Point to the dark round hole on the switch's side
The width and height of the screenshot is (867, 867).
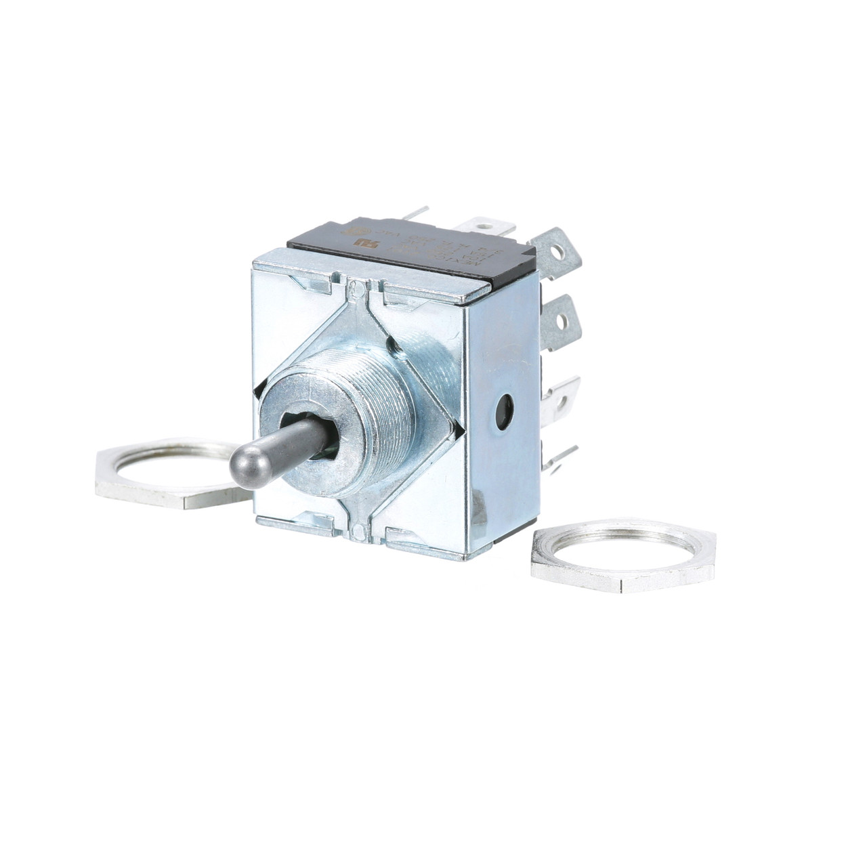tap(504, 409)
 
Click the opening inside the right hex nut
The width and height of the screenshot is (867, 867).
tap(623, 545)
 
